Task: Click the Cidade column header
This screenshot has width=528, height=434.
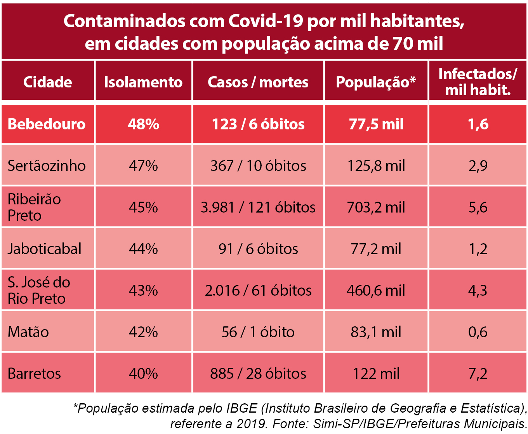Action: [48, 82]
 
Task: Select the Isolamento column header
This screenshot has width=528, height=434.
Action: [143, 82]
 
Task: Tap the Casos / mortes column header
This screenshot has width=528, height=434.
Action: [258, 82]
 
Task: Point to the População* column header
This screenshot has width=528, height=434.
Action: [376, 82]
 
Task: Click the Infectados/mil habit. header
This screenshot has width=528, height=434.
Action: [478, 82]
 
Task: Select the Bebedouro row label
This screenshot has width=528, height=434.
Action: [47, 124]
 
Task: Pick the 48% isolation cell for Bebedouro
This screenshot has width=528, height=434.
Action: [143, 124]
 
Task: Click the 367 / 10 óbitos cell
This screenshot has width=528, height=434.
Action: [258, 166]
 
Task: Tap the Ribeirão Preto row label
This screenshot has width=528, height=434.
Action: [34, 207]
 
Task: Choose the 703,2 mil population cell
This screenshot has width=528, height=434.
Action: [376, 207]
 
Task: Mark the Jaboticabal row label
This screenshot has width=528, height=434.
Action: [45, 249]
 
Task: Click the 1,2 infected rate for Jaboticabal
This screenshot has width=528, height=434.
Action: [478, 249]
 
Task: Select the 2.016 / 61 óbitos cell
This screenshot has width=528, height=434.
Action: [258, 290]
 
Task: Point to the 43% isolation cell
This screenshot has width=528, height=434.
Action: [143, 290]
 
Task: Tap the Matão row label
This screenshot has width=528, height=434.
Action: [28, 332]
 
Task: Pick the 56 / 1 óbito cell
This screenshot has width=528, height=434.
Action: [258, 332]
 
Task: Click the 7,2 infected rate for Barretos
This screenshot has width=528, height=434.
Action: [478, 373]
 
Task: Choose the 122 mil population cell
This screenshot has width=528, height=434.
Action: [376, 373]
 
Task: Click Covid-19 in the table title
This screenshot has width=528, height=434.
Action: [266, 21]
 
